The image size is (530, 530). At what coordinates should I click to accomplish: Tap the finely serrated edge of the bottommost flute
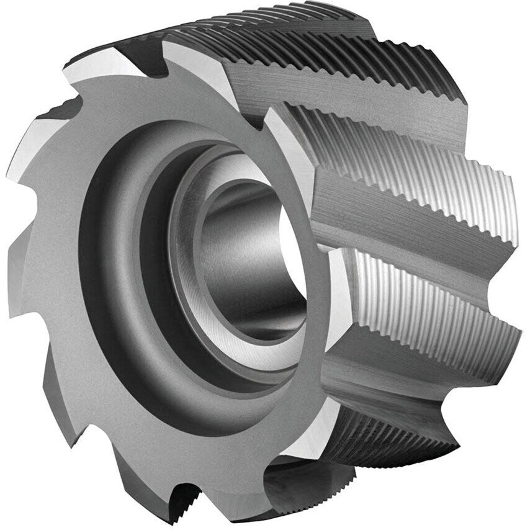397,453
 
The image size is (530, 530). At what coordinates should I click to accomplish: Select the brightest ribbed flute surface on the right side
434,292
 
